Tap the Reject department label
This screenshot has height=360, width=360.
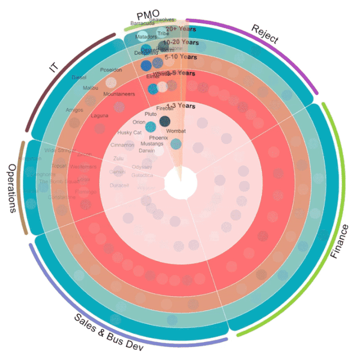[x=264, y=35]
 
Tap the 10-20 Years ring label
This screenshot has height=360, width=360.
[x=181, y=42]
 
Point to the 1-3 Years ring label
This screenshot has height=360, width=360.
[x=181, y=106]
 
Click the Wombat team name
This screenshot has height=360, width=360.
[x=176, y=131]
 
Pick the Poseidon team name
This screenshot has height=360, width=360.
[x=110, y=70]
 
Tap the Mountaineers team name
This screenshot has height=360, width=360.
[x=119, y=94]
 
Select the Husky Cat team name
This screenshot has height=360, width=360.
[x=129, y=133]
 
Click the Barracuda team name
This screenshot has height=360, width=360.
[x=142, y=24]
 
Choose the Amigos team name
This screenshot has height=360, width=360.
[x=74, y=110]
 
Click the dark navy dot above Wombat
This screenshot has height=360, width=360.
[x=165, y=121]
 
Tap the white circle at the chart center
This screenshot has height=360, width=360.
[x=181, y=183]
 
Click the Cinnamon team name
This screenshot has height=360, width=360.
[x=123, y=145]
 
